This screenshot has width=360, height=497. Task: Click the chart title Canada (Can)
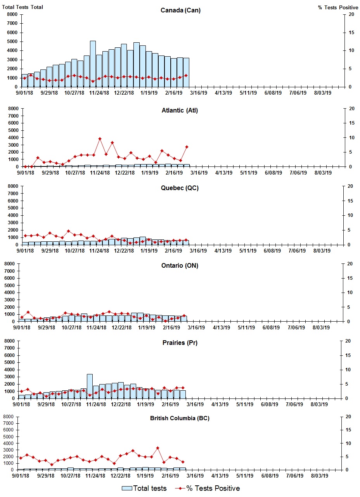pos(180,10)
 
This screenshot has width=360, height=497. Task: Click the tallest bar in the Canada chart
pos(93,64)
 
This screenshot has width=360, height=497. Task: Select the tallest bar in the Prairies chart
pos(90,386)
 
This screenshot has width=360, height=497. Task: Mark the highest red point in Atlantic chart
pos(100,139)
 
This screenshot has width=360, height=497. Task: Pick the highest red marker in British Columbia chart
pos(157,448)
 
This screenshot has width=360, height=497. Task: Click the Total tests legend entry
pos(144,488)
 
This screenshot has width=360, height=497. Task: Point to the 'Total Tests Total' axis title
pos(22,7)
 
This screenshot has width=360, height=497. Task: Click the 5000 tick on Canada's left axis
pos(12,42)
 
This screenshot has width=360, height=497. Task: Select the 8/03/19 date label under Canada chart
pos(322,93)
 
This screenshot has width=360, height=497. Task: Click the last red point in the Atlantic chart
pos(187,147)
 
